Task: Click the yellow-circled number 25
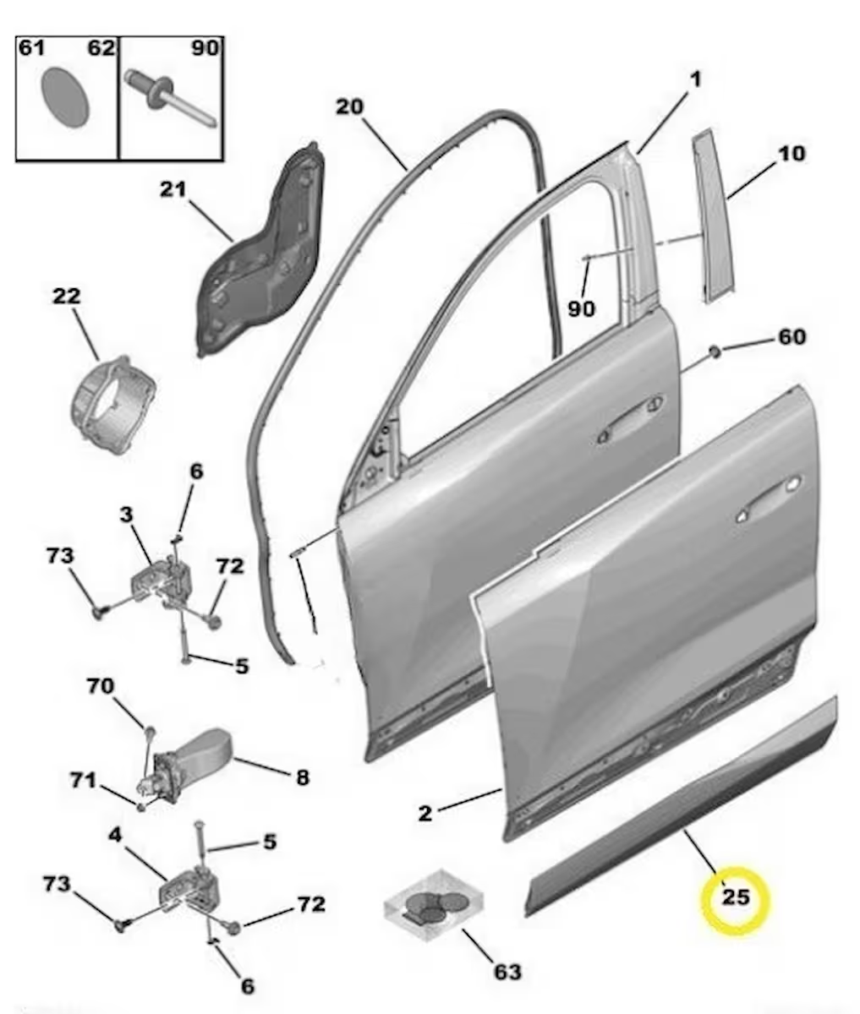click(x=735, y=897)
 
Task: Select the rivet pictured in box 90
click(x=169, y=97)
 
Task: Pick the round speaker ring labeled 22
click(x=112, y=405)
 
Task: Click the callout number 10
click(x=792, y=154)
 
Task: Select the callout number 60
click(x=792, y=337)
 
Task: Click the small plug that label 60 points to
click(x=714, y=350)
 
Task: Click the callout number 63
click(x=507, y=972)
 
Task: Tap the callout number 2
click(x=425, y=813)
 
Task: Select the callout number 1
click(x=695, y=80)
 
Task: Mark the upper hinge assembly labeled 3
click(x=161, y=579)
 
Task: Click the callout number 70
click(x=100, y=686)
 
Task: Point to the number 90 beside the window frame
click(x=581, y=309)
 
